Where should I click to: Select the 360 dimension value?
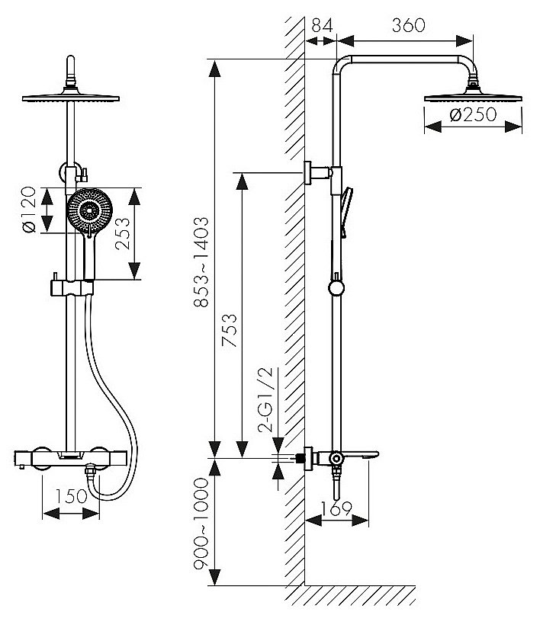click(x=408, y=24)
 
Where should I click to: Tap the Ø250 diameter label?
click(x=473, y=115)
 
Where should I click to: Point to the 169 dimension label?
click(x=336, y=508)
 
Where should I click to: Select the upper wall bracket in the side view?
click(x=317, y=173)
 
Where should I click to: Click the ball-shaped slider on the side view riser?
click(x=336, y=287)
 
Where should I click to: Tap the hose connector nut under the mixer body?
click(x=93, y=476)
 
